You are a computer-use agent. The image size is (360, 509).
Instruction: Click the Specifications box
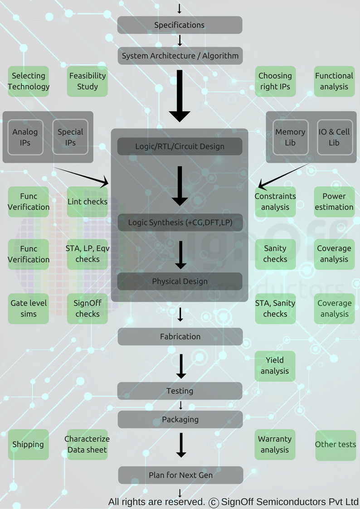[x=180, y=25]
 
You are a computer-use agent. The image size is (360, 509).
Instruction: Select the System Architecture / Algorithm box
[x=180, y=56]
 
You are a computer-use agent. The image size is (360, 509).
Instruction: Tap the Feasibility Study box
[x=87, y=81]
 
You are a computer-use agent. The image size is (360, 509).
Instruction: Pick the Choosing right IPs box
[x=275, y=81]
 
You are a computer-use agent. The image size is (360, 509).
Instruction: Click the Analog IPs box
[x=25, y=137]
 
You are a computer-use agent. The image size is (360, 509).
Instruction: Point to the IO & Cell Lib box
[x=334, y=137]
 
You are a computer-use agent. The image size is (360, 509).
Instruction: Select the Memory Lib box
[x=290, y=137]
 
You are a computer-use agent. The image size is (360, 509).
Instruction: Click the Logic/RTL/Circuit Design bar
[x=180, y=146]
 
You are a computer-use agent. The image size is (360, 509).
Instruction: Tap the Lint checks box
[x=87, y=202]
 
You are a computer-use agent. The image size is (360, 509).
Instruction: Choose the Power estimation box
[x=334, y=202]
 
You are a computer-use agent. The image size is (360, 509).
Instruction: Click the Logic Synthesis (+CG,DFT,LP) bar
[x=180, y=223]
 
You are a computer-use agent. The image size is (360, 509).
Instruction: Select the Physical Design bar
[x=180, y=281]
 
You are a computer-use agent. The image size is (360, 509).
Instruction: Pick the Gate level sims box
[x=29, y=309]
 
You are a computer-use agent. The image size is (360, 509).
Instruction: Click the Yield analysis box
[x=275, y=366]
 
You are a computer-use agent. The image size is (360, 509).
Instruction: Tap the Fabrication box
[x=180, y=337]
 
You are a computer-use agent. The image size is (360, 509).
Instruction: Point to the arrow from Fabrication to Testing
[x=181, y=366]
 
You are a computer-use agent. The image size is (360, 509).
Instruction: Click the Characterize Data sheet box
[x=87, y=445]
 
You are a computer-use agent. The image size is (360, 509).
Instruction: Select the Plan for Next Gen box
[x=180, y=475]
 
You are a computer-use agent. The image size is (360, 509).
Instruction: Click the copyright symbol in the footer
[x=214, y=502]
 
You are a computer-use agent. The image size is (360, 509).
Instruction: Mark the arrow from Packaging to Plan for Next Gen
[x=181, y=445]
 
